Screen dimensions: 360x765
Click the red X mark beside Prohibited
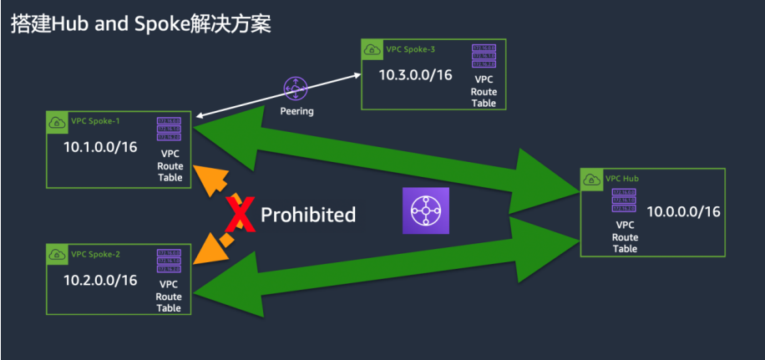(241, 214)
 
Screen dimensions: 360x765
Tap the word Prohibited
(308, 215)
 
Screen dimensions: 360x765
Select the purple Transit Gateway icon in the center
(426, 210)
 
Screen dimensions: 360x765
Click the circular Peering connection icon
(296, 89)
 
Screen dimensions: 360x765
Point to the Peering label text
(296, 111)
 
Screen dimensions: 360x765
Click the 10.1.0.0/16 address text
(100, 147)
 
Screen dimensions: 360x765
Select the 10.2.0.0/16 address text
(100, 279)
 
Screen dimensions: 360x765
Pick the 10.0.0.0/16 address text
(683, 211)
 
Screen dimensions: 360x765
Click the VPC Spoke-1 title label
(96, 121)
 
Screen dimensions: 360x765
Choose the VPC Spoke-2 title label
(96, 254)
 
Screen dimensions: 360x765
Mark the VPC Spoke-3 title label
(411, 49)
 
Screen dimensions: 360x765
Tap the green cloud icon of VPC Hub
(591, 180)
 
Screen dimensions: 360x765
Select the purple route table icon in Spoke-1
(169, 129)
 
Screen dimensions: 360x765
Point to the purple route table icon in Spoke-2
(169, 261)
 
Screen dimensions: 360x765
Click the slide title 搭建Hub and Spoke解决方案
(140, 23)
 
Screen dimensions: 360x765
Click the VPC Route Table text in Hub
(625, 236)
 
